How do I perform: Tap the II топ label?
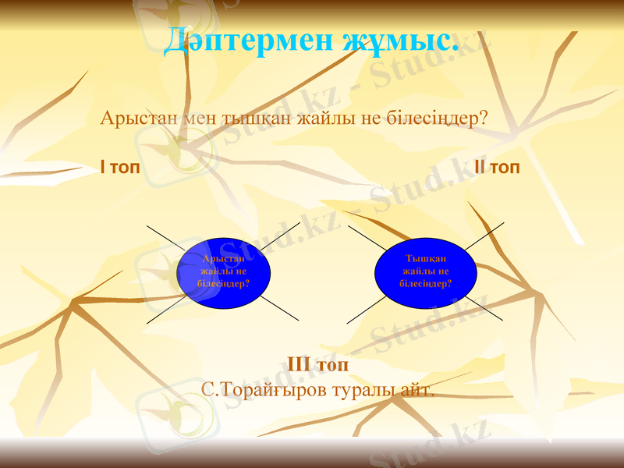click(497, 168)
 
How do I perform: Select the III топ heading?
click(317, 364)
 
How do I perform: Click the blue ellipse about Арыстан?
click(224, 271)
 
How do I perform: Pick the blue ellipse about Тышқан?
click(425, 271)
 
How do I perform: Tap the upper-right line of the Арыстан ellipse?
click(280, 235)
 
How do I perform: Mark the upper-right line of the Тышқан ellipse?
click(484, 236)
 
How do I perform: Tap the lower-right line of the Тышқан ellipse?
click(484, 308)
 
